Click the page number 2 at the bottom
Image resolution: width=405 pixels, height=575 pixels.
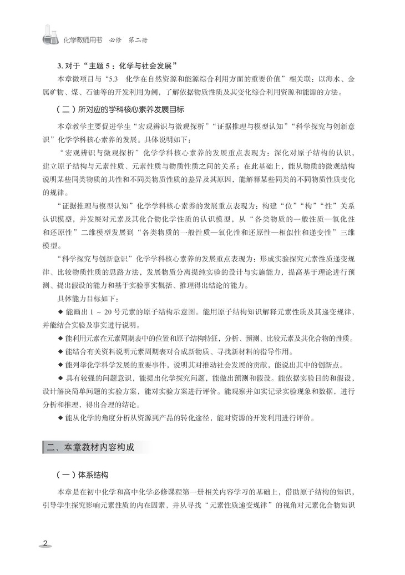tap(46, 542)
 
